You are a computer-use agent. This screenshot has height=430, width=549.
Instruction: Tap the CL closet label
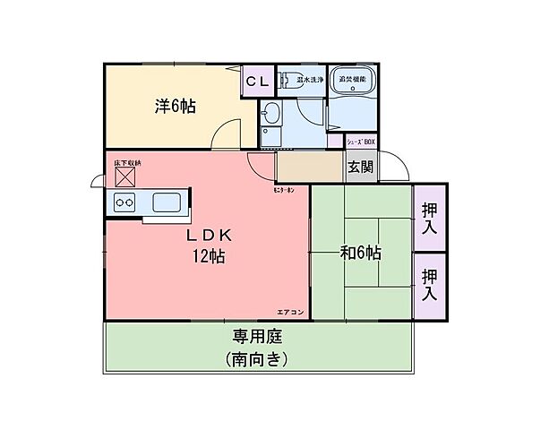pos(258,82)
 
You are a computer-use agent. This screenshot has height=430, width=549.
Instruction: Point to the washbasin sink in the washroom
pos(270,115)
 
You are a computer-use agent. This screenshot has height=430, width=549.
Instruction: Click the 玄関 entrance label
pos(362,167)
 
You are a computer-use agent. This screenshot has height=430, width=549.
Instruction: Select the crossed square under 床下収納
pos(124,177)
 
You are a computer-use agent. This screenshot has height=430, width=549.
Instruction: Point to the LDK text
pos(209,235)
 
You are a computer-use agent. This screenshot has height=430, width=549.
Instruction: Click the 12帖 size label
pos(209,257)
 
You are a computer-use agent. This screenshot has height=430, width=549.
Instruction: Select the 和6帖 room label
pos(360,253)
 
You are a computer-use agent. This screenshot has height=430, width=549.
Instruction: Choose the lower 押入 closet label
pos(430,287)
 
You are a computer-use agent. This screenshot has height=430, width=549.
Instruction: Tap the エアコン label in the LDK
pos(290,311)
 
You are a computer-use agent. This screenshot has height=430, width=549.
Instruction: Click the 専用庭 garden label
pos(259,338)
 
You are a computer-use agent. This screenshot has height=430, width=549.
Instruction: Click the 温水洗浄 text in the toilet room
pos(310,80)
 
